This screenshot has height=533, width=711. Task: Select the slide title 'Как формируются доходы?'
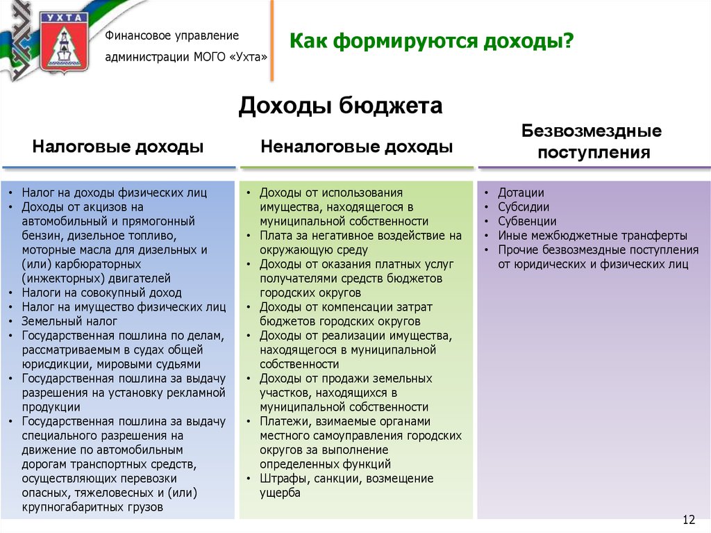431,43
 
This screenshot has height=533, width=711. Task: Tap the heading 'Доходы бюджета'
341,106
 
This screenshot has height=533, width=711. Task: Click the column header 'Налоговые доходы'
118,147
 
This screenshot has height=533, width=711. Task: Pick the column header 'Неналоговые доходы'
357,147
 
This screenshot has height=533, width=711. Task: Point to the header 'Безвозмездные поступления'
592,142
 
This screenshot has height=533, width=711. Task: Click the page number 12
689,520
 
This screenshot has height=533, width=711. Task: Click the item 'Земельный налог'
69,321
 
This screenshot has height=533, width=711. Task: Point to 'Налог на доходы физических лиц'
114,192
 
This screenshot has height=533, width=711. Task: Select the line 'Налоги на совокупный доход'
101,293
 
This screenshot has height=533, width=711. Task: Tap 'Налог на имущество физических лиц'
124,306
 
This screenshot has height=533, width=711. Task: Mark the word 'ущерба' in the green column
281,493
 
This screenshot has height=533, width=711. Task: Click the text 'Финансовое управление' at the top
172,35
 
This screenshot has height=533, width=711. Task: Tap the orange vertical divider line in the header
272,40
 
